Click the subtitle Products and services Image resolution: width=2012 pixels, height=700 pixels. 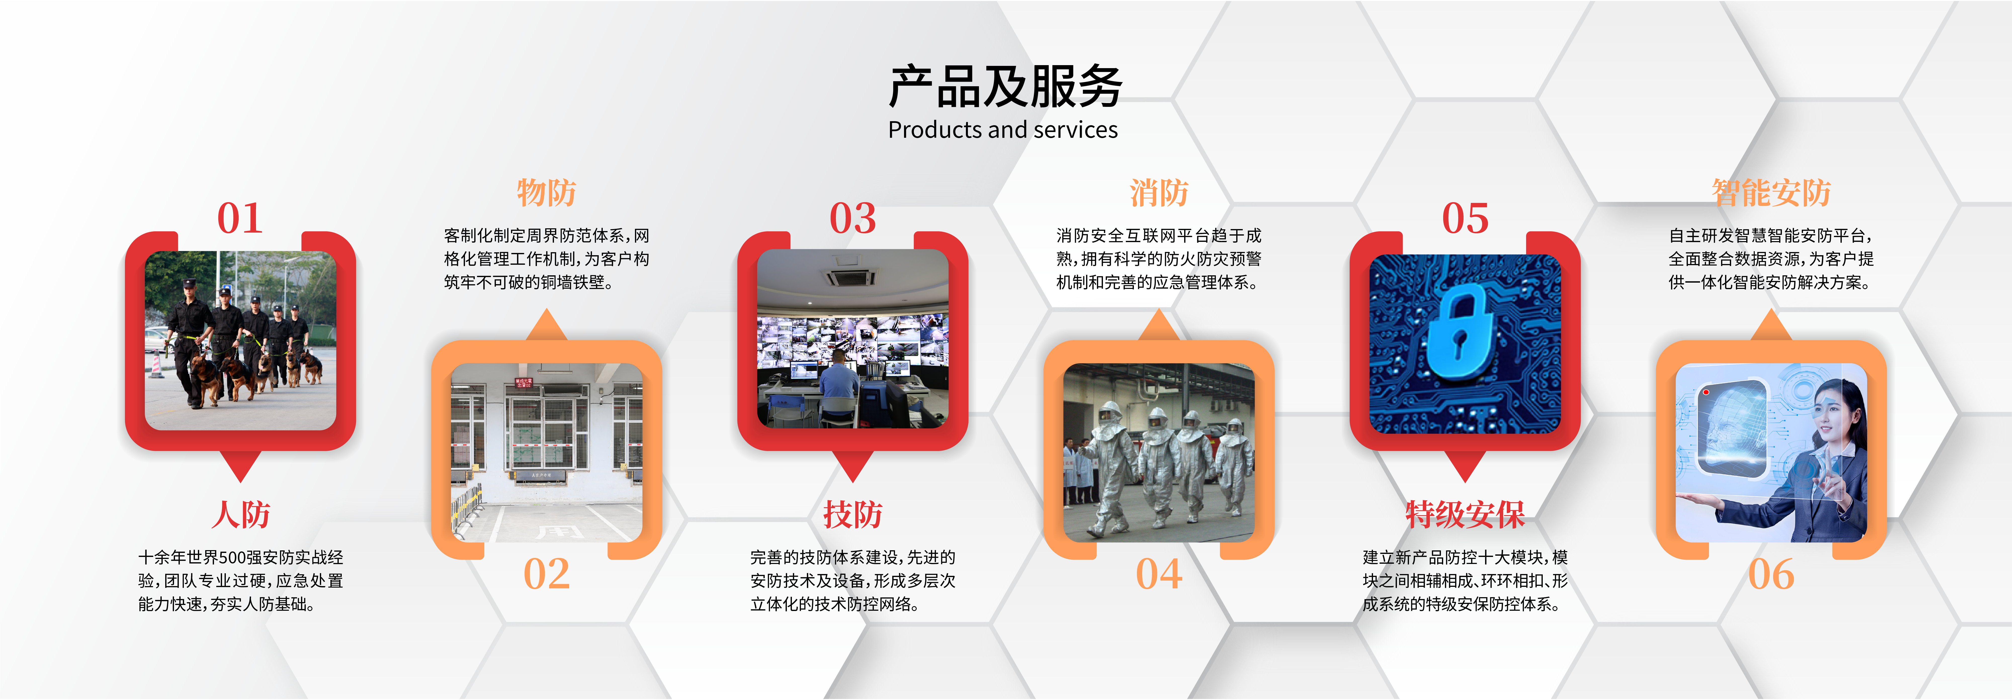pos(1003,130)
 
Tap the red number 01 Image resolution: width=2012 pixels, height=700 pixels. pos(240,218)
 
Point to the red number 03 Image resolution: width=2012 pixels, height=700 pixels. pos(853,218)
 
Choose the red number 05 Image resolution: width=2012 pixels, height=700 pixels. pos(1465,218)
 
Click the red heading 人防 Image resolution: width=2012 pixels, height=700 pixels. pos(241,515)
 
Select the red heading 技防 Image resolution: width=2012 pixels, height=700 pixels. pos(853,515)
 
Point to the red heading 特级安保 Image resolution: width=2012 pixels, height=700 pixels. pos(1465,515)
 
